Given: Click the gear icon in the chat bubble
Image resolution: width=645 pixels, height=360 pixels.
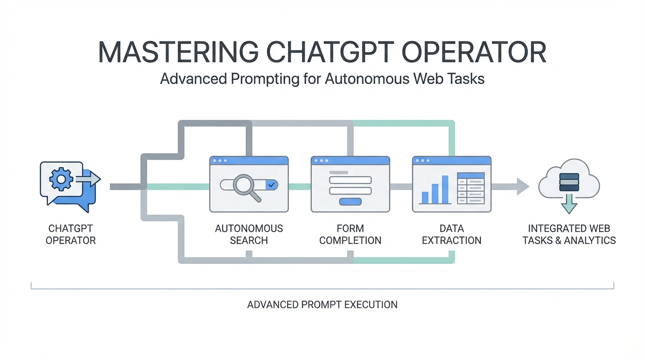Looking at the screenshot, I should coord(61,180).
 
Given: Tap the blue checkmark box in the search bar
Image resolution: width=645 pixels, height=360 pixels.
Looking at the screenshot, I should coord(271,185).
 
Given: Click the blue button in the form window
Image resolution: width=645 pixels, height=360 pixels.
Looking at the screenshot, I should coord(350,202).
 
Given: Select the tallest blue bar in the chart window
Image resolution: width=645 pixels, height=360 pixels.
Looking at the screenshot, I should coord(445,189).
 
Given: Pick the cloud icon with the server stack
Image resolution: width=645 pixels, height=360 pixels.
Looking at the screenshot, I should coord(569,180).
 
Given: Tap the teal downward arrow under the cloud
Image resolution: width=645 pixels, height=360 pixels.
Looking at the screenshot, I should coord(569,203).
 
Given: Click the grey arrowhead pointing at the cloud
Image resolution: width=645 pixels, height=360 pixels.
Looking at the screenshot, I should coord(522,186).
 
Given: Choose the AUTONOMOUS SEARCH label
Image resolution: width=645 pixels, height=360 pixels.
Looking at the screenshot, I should coord(249,234).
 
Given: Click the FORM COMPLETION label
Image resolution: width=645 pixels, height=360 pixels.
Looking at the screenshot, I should coord(350,234).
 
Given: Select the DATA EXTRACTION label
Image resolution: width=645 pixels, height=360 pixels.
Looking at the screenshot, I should coord(451,234).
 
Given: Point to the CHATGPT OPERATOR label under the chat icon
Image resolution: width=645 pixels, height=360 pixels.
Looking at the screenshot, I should coord(71,234).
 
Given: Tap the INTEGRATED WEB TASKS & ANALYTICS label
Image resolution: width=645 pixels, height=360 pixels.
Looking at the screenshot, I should coord(569,234).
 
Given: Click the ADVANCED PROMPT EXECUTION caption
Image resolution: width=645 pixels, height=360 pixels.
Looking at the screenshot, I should coord(322,305).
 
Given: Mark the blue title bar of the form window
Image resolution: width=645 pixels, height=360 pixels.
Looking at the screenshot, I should coord(350,160).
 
